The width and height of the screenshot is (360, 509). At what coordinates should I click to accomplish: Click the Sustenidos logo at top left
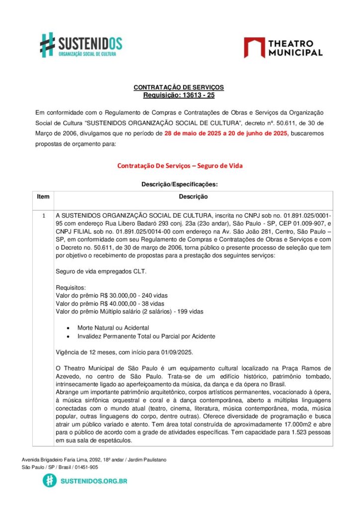click(x=81, y=45)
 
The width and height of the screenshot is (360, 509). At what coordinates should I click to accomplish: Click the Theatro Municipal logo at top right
click(x=283, y=47)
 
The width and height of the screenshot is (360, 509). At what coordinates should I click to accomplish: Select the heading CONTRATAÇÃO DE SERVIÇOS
click(x=179, y=87)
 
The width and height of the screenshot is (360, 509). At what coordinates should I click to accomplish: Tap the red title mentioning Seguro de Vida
click(x=180, y=166)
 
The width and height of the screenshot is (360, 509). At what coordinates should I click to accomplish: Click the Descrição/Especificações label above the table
click(x=180, y=184)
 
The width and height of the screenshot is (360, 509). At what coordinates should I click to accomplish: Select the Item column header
click(x=43, y=197)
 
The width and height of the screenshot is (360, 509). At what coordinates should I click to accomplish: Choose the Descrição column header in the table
click(x=193, y=197)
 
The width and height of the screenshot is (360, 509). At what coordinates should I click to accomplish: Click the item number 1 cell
click(x=43, y=216)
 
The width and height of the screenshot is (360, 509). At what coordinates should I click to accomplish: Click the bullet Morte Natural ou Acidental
click(x=113, y=328)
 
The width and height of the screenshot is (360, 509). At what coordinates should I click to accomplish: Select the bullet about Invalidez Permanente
click(x=146, y=337)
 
